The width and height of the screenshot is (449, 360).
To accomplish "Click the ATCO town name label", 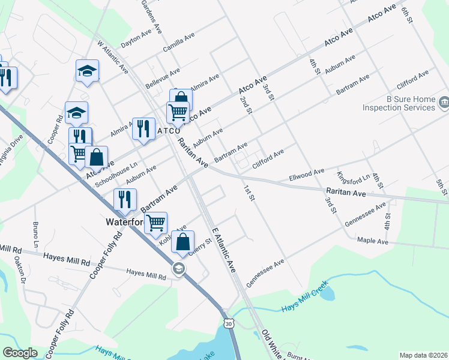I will click(168, 131).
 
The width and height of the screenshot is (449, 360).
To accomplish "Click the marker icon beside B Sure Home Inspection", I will click(444, 102).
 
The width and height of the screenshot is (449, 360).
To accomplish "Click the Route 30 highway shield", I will click(228, 323).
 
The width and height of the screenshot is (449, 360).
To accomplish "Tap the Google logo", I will click(20, 353).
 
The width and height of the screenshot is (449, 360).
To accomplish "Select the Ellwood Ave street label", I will click(306, 175).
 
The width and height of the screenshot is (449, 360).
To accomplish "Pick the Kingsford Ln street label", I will click(353, 179).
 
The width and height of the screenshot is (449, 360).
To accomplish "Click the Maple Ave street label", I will click(373, 241).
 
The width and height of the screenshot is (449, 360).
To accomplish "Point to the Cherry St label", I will click(200, 248).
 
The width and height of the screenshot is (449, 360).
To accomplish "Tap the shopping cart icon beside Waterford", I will click(155, 223).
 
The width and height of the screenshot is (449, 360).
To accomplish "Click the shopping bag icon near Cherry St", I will click(183, 243).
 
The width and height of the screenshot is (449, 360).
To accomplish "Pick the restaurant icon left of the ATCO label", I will click(143, 128).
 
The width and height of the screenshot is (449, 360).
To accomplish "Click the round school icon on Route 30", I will click(178, 269).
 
